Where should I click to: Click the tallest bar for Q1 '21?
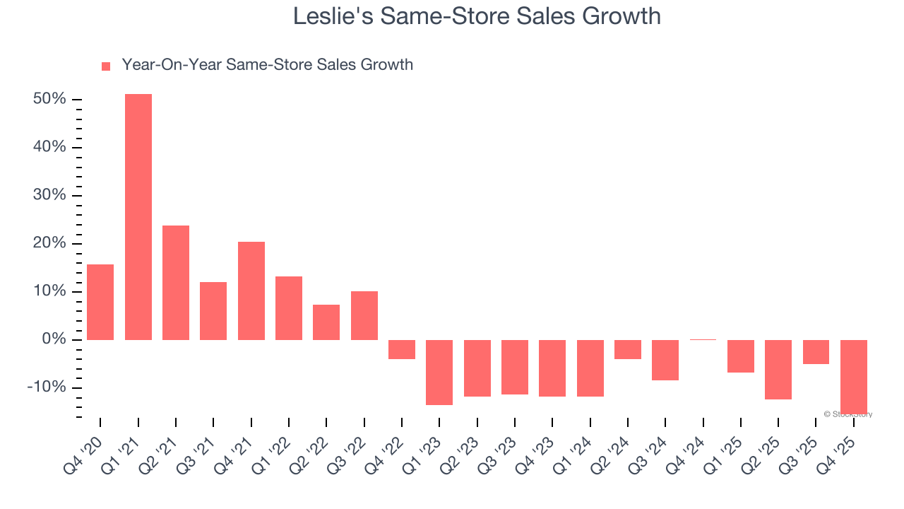[138, 216]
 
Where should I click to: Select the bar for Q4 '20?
[100, 302]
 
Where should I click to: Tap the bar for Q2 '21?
[176, 283]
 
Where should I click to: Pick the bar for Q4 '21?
[251, 291]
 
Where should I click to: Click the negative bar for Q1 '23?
[439, 372]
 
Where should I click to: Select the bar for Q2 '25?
[778, 369]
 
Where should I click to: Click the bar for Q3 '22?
[364, 315]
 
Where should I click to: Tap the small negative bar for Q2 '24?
[628, 349]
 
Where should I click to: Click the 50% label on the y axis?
[49, 99]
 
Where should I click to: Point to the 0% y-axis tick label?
[54, 339]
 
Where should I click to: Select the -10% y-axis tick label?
[47, 387]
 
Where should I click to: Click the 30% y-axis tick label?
[49, 195]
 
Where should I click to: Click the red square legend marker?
[106, 66]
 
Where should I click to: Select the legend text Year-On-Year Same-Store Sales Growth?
[267, 65]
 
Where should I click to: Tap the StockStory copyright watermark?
[847, 414]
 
